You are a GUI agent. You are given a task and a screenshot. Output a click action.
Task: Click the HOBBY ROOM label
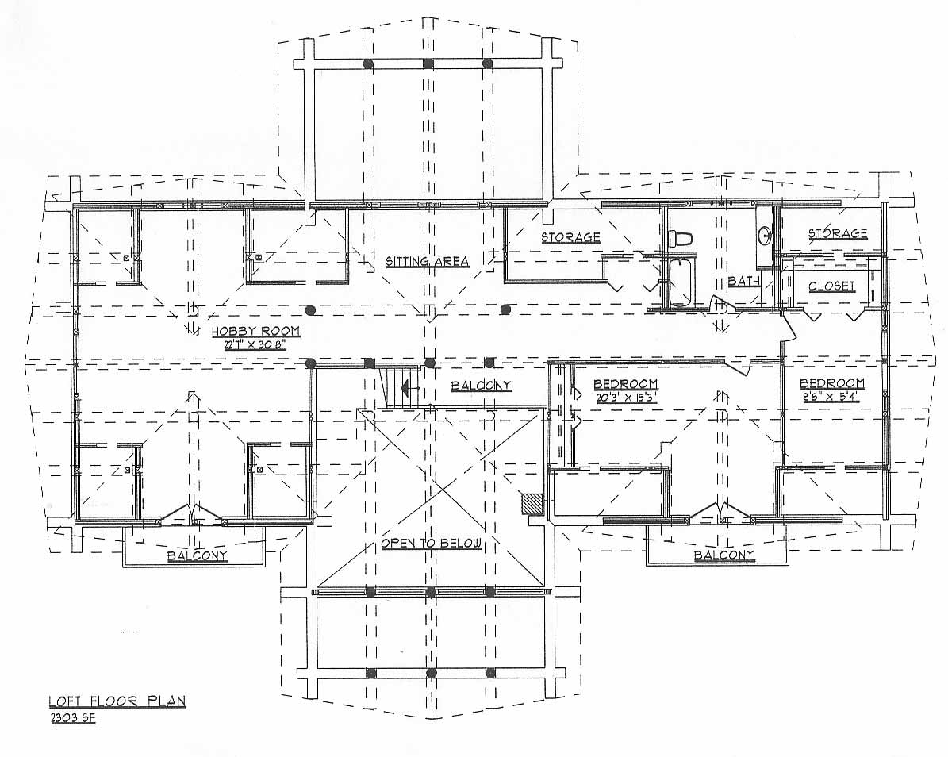coord(255,332)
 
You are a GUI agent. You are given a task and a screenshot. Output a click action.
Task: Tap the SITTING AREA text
coord(428,261)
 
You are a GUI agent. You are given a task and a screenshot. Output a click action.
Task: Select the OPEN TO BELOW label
coord(431,544)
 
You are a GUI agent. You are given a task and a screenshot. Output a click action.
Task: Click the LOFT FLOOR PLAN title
coord(117,701)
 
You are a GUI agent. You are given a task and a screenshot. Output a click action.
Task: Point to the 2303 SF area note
coord(72,718)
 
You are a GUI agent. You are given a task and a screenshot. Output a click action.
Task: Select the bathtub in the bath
coord(680,282)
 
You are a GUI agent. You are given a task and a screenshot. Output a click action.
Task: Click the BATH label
coord(743,281)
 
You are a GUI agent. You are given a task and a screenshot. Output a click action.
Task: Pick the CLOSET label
coord(832,286)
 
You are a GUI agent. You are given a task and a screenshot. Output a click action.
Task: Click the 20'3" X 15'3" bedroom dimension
coord(625,398)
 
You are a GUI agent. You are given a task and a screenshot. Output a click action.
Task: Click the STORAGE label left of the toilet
coord(570,237)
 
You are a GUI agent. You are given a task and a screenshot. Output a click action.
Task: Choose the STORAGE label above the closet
coord(838,233)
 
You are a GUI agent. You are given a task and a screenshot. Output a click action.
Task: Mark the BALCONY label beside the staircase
coord(482,385)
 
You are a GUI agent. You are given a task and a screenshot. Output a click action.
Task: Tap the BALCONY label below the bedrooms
coord(724,555)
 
